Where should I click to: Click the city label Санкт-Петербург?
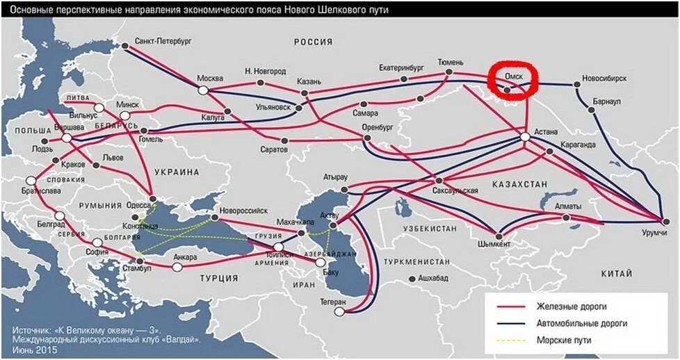(x=163, y=42)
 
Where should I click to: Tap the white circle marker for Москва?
(x=203, y=90)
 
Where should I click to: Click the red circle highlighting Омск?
(x=514, y=81)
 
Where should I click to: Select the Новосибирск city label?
(x=604, y=79)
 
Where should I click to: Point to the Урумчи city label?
(x=654, y=231)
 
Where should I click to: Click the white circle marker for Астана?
(x=525, y=138)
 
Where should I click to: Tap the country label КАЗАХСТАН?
(x=519, y=183)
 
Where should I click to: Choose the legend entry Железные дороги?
(x=570, y=306)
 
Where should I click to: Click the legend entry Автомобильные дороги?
(x=581, y=323)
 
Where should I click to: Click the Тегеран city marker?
(x=339, y=312)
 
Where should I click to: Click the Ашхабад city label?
(x=433, y=278)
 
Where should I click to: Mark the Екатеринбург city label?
(x=401, y=68)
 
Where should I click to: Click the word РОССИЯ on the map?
(x=313, y=42)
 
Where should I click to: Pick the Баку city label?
(x=331, y=272)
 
